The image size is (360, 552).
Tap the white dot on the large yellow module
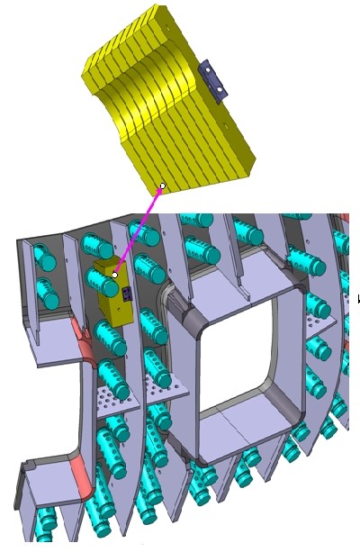[162, 186]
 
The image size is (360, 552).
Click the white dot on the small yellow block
[115, 275]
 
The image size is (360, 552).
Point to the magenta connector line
[139, 230]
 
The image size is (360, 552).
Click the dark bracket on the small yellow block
[127, 294]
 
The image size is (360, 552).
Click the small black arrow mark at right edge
[358, 299]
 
